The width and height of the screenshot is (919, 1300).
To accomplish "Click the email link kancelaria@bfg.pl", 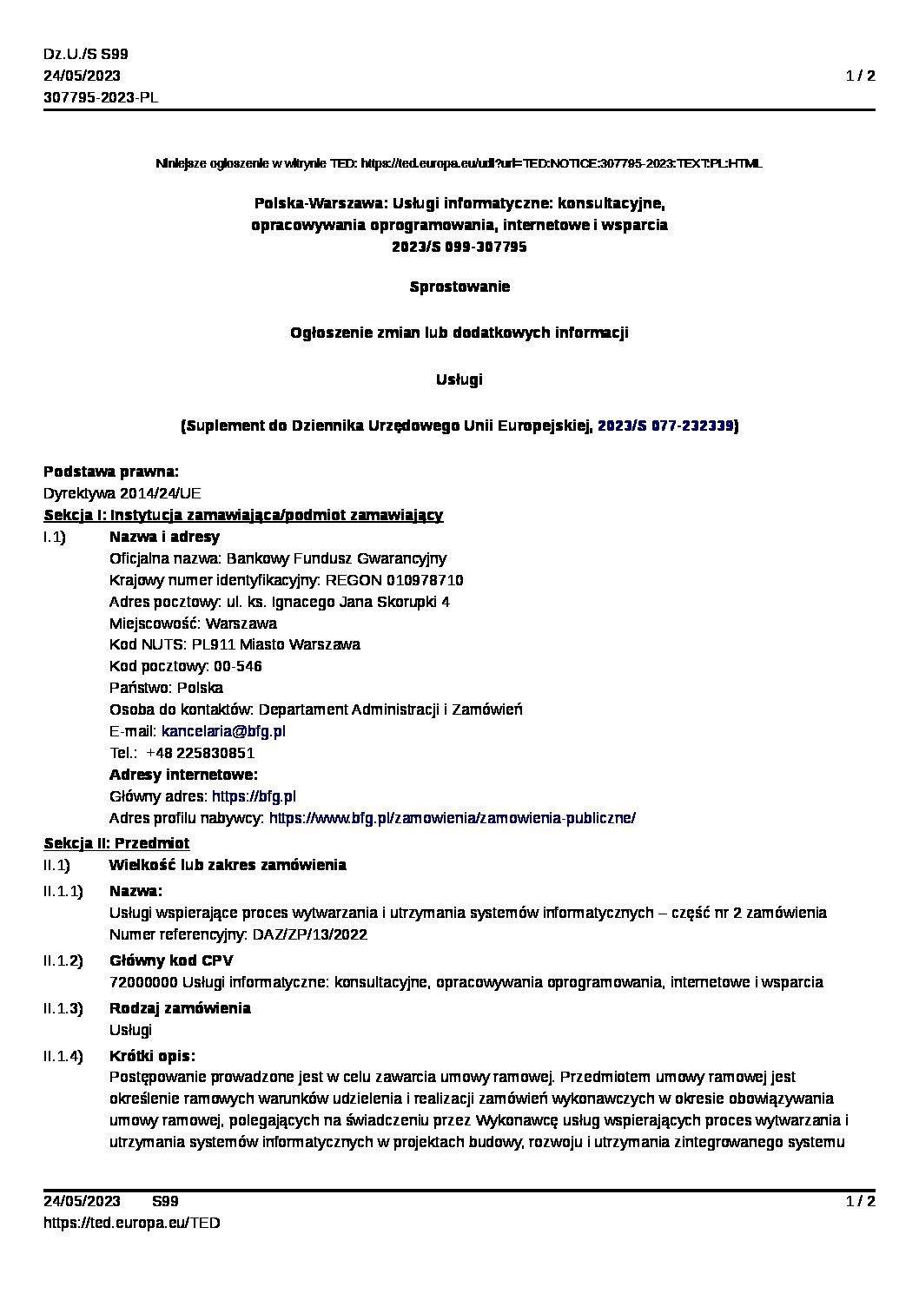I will click(x=223, y=731).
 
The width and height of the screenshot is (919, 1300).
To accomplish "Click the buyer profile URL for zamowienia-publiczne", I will click(x=452, y=818).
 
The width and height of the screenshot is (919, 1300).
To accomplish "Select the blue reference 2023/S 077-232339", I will click(x=665, y=426).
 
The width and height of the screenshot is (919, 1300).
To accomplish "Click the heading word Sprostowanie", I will click(x=459, y=287).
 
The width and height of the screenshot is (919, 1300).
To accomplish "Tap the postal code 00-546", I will click(x=238, y=666).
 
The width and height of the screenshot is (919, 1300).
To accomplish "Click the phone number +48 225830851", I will click(x=200, y=753).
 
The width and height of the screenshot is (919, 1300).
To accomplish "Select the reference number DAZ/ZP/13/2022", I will click(x=309, y=934).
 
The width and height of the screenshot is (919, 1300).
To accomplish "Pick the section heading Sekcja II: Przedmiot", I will click(x=116, y=843).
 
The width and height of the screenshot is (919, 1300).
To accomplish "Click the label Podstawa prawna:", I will click(x=111, y=472).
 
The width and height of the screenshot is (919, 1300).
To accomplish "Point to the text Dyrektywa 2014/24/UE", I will click(x=122, y=493).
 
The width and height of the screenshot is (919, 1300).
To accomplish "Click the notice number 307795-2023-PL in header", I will click(x=101, y=97).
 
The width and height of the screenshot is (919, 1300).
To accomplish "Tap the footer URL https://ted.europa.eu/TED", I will click(x=131, y=1223).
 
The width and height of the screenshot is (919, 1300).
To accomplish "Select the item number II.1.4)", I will click(x=63, y=1056).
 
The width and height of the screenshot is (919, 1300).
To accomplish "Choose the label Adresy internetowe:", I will click(x=183, y=775).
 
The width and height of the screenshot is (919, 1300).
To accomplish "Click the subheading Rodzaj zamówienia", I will click(x=180, y=1008).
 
